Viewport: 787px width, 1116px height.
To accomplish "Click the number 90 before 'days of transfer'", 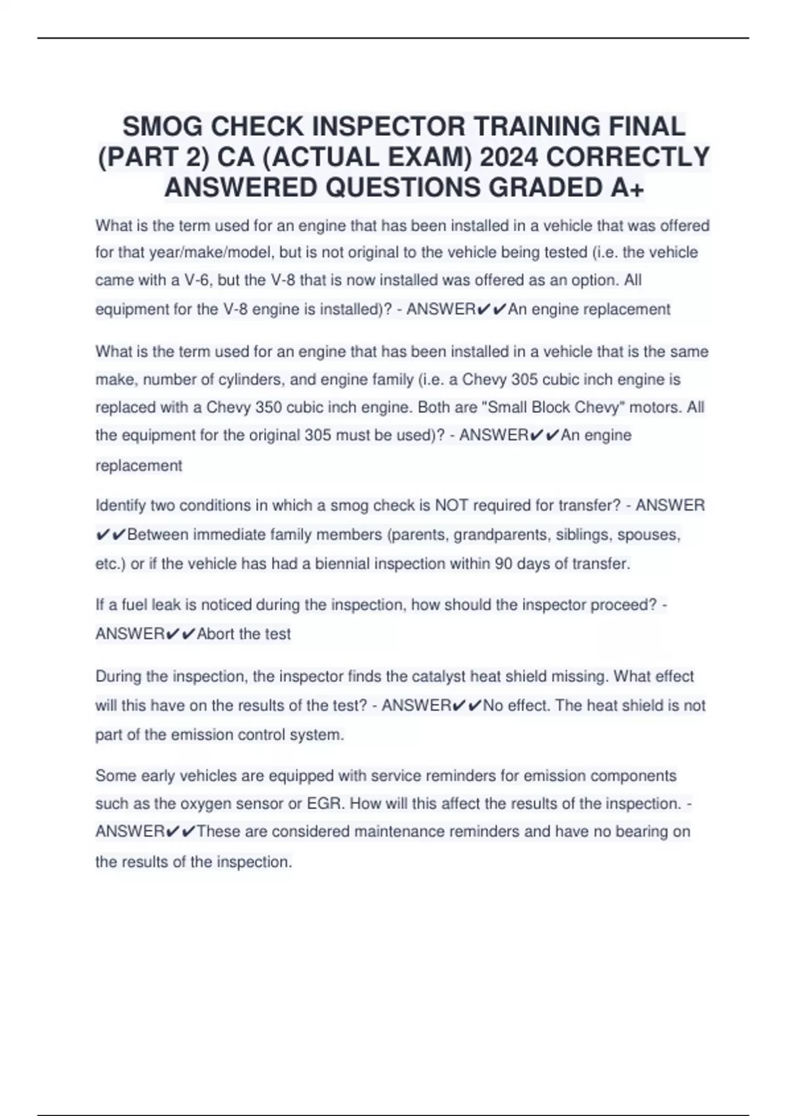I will pos(504,563).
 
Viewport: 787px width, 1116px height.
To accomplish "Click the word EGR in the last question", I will pos(326,804).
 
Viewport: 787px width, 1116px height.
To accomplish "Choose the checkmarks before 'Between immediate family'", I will pos(111,534).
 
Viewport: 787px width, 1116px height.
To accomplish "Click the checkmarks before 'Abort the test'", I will pos(181,633).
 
